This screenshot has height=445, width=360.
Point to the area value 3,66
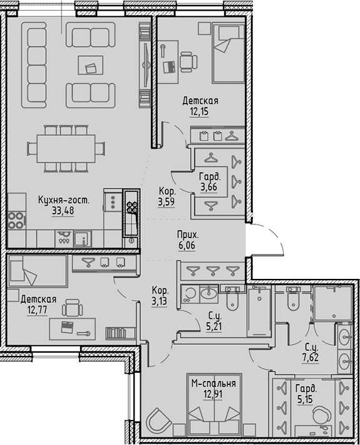[208, 187]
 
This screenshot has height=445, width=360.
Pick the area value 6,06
[187, 246]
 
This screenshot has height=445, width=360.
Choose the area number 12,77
[38, 310]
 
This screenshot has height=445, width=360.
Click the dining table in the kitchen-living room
[65, 149]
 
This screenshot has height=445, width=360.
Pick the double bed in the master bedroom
[214, 414]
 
